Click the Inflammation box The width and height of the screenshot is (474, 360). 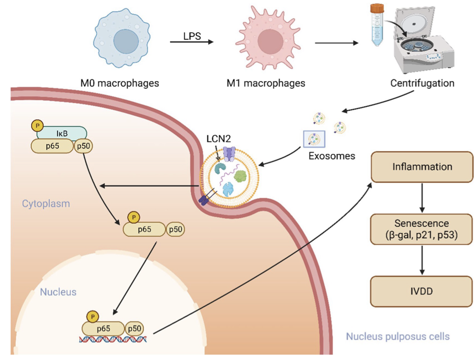(422, 166)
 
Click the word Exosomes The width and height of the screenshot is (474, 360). (332, 155)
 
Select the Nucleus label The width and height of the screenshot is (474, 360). (58, 292)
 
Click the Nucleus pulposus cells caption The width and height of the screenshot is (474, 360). (398, 336)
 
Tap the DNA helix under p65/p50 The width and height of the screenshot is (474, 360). (113, 340)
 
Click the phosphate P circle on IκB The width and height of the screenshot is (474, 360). (36, 125)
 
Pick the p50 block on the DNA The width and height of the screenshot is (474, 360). (135, 328)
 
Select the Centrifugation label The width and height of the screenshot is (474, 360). (422, 83)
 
